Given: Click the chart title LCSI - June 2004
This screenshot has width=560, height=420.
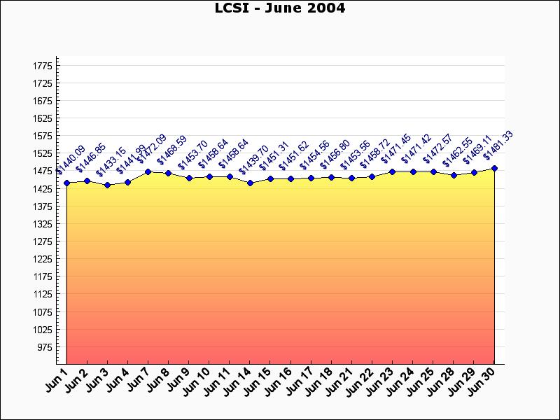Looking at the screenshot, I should click(x=279, y=8).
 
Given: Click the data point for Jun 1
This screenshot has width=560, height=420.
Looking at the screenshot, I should click(x=66, y=183).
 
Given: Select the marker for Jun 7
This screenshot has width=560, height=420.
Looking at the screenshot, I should click(x=148, y=171).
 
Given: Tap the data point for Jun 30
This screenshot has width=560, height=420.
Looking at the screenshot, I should click(x=494, y=169).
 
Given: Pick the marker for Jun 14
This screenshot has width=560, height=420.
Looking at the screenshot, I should click(x=250, y=183).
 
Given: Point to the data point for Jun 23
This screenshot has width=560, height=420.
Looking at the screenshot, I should click(x=393, y=171).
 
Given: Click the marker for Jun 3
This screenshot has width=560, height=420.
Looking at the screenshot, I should click(x=107, y=185).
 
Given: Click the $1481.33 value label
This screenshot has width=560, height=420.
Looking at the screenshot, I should click(x=498, y=145).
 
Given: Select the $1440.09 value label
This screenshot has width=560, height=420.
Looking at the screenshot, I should click(x=71, y=160).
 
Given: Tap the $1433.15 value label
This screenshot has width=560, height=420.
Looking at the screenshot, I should click(x=111, y=162).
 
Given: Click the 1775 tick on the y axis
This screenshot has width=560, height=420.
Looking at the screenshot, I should click(x=42, y=66).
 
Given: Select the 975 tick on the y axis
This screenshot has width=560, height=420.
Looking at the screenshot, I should click(x=44, y=347).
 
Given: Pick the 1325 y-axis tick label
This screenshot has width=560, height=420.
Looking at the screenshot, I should click(x=42, y=224).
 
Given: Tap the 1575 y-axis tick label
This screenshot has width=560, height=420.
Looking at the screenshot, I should click(x=42, y=136).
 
